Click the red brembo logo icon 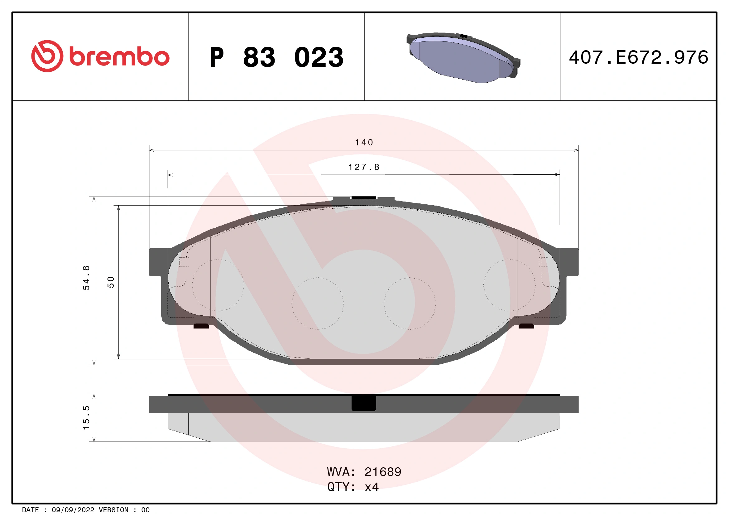click(x=47, y=56)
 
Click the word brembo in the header click(x=119, y=57)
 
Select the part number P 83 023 click(x=276, y=57)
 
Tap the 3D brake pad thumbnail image click(x=463, y=57)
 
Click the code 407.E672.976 click(x=639, y=57)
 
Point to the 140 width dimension click(x=364, y=142)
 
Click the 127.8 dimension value click(x=364, y=167)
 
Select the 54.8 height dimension click(x=86, y=278)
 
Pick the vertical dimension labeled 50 click(x=111, y=282)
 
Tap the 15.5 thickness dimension click(x=86, y=417)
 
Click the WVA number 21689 click(x=383, y=472)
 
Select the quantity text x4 click(x=372, y=487)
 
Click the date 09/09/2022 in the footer click(x=73, y=510)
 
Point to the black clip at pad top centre click(x=364, y=198)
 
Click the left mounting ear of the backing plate click(x=158, y=262)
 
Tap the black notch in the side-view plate click(x=364, y=403)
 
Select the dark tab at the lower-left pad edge click(x=201, y=326)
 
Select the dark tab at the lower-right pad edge click(x=526, y=326)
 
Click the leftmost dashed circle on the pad click(x=218, y=285)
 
